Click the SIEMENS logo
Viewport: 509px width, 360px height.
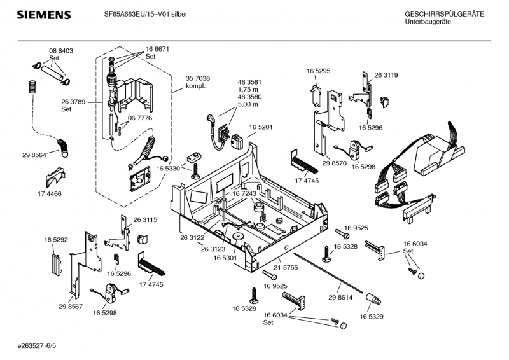[x=43, y=15]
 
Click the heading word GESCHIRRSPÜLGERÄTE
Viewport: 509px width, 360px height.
[x=443, y=14]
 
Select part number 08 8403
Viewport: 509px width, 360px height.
[x=61, y=50]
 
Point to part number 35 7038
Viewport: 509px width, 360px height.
[x=198, y=78]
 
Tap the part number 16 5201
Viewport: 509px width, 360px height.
[x=260, y=127]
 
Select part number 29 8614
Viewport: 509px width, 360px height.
[x=340, y=298]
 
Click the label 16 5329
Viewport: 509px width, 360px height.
[x=372, y=315]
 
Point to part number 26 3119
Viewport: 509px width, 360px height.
[x=386, y=75]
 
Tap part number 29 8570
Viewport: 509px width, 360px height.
[x=335, y=163]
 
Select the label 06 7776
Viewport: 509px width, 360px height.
[x=140, y=118]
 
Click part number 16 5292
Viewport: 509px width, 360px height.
[x=56, y=239]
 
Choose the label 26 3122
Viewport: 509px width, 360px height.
[x=192, y=237]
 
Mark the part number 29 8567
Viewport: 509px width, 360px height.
[x=71, y=307]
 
